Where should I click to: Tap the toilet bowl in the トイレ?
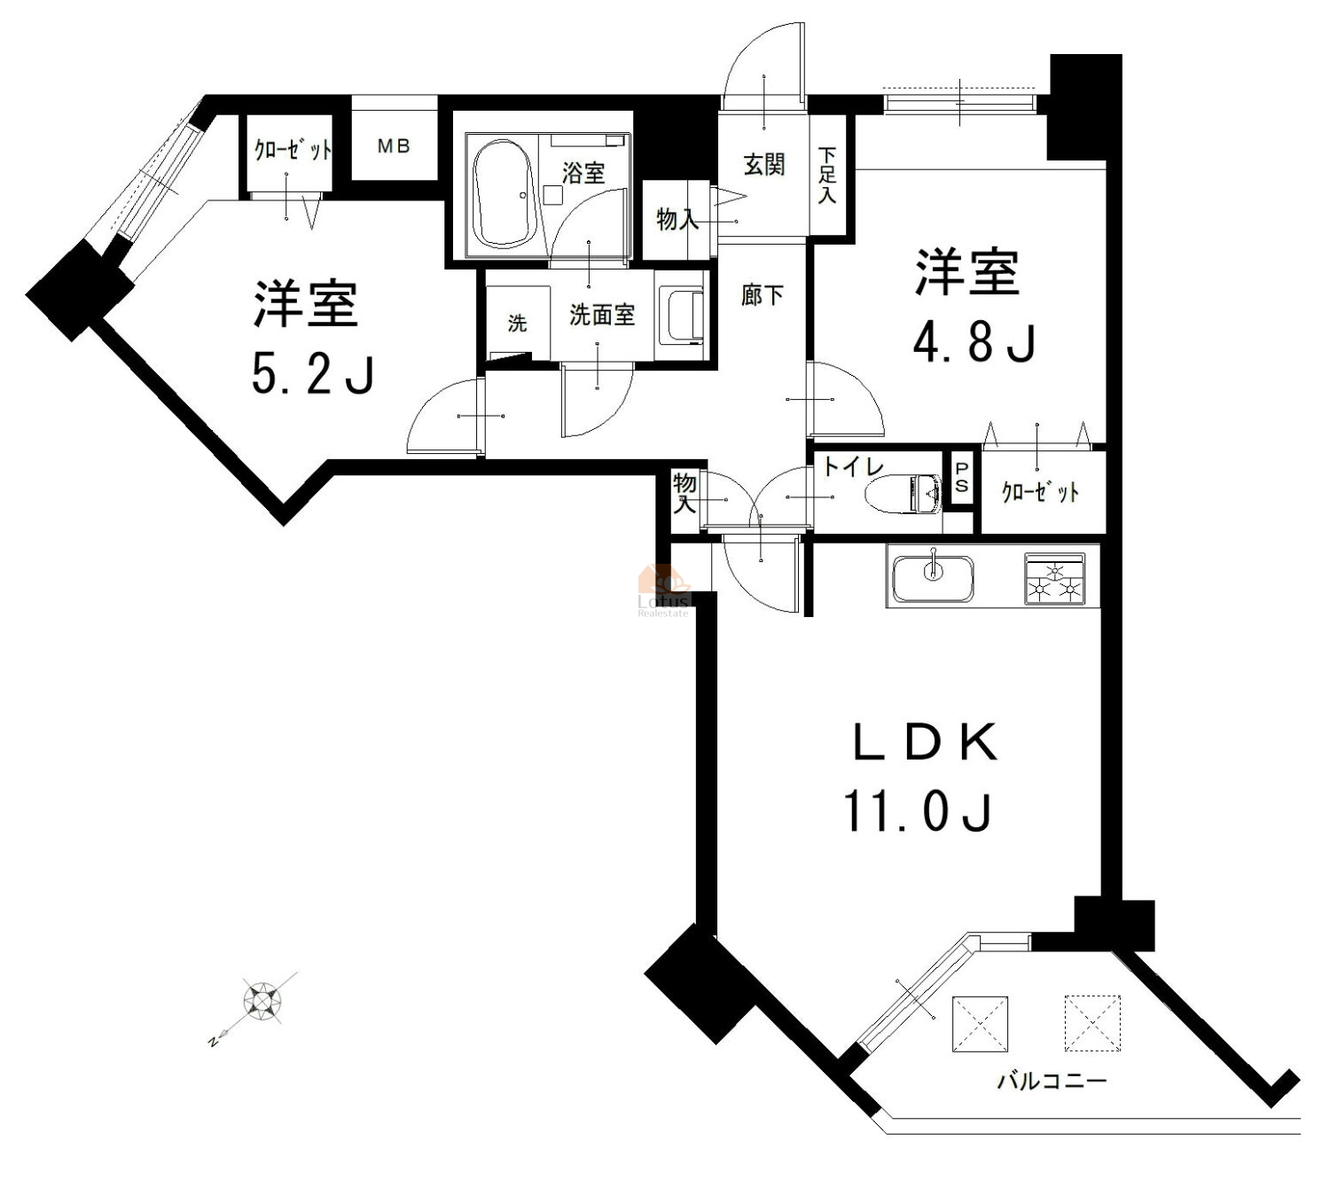(x=904, y=495)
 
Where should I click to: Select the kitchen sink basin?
(x=933, y=578)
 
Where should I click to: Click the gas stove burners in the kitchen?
(x=1054, y=578)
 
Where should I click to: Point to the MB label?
(x=394, y=145)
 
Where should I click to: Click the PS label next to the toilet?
(x=961, y=477)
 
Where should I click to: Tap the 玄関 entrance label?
(x=763, y=165)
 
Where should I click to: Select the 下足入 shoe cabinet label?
(x=827, y=175)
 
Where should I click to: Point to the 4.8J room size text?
(x=974, y=342)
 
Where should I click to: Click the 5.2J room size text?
(x=312, y=374)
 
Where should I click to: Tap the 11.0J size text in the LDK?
(x=917, y=812)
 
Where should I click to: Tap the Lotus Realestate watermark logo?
(x=664, y=590)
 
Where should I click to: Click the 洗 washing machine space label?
(x=517, y=323)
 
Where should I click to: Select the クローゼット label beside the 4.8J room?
(x=1040, y=491)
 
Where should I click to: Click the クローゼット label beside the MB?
(x=293, y=151)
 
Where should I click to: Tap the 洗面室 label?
(x=602, y=315)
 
